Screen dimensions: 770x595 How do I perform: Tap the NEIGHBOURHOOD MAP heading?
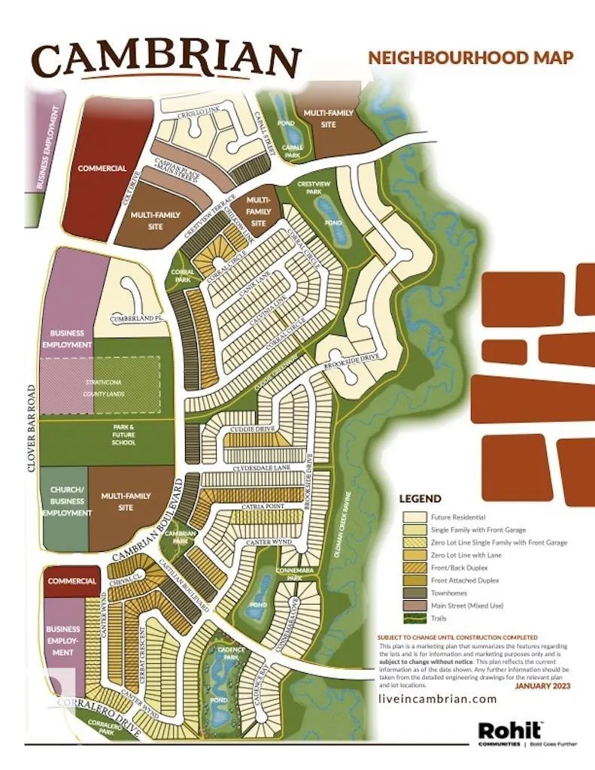point(470,57)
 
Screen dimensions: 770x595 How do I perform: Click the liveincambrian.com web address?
point(438,699)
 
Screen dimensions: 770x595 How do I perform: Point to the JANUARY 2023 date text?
point(542,686)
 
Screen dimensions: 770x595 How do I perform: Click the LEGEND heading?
point(420,499)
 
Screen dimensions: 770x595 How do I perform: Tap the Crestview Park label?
point(309,187)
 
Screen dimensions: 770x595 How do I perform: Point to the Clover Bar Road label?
point(30,429)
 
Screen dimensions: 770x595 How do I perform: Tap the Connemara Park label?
point(302,574)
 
